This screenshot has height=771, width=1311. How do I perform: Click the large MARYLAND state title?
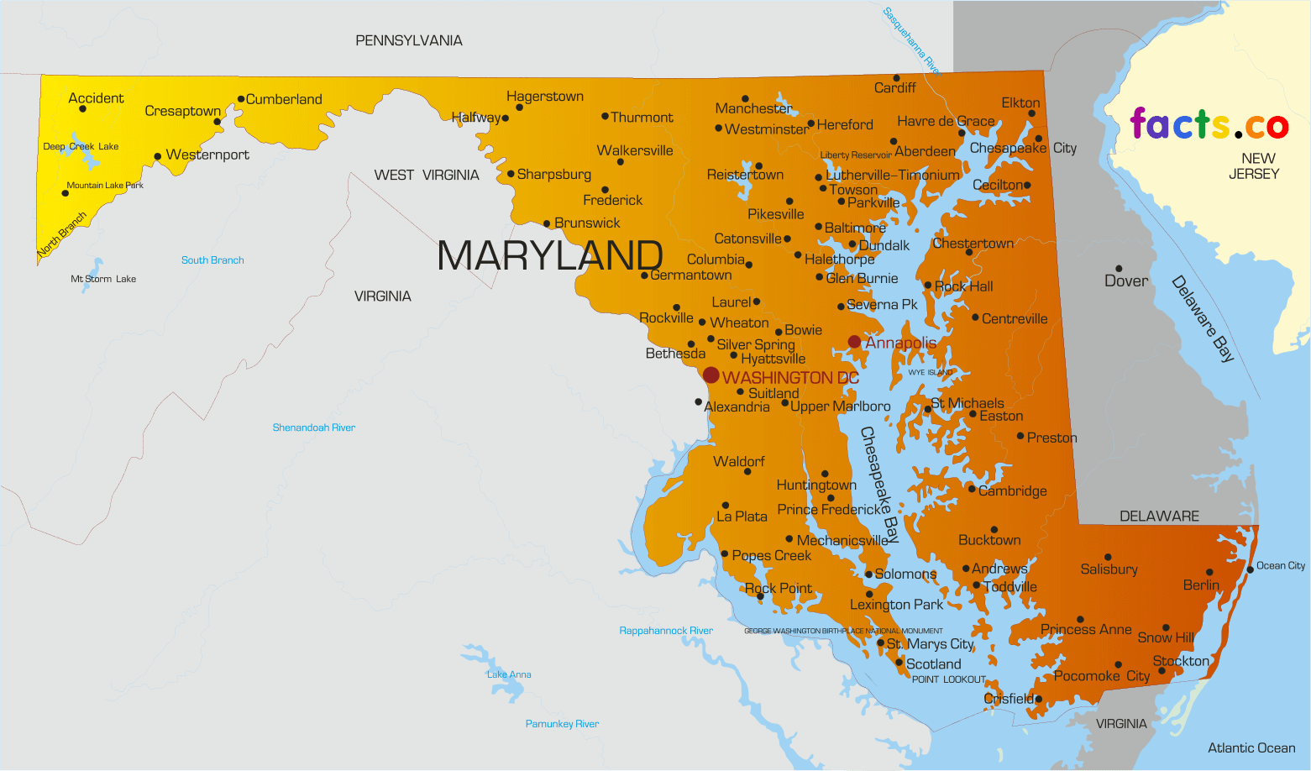point(550,255)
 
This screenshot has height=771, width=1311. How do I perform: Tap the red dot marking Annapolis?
point(854,342)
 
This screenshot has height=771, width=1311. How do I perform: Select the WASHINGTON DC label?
point(790,378)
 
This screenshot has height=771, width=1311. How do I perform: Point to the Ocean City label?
point(1281,565)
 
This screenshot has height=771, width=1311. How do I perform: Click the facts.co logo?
point(1209,124)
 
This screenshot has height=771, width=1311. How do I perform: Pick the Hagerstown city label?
point(544,97)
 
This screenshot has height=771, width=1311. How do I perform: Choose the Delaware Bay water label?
point(1203,319)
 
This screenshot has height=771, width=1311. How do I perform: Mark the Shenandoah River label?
point(313,427)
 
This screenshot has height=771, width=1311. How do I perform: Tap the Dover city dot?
point(1119,269)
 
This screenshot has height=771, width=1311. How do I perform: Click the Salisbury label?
point(1109,569)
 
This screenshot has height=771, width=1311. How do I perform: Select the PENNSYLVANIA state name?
point(409,40)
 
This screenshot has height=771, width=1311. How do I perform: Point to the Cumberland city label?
point(284,99)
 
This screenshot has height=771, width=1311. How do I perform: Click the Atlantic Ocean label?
point(1251,747)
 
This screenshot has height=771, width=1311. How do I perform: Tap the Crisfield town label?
point(1009,699)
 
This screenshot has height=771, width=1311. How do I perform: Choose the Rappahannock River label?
point(666,631)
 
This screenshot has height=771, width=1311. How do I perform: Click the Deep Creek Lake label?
point(81,146)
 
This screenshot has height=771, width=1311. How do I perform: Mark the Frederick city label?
point(613,200)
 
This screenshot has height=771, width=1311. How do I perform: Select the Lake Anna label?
point(509,674)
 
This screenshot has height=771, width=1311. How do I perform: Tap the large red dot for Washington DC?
point(711,375)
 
